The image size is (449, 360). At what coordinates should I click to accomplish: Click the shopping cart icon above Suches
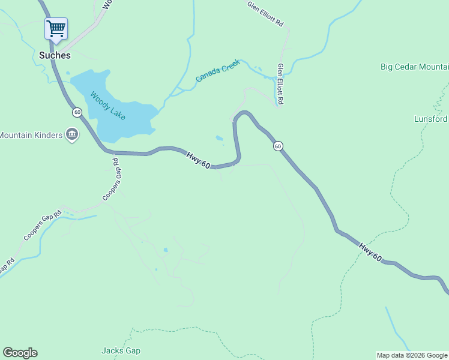click(x=56, y=28)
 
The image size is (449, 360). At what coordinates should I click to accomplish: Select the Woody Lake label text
click(x=108, y=106)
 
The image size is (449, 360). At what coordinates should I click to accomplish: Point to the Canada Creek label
click(x=217, y=70)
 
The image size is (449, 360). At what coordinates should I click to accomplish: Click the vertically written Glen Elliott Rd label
click(x=280, y=84)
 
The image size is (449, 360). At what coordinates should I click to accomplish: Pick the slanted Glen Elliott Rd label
click(x=265, y=13)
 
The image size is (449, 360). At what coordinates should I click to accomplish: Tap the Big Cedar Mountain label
click(x=414, y=67)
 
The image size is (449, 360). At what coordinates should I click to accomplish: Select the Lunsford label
click(x=431, y=119)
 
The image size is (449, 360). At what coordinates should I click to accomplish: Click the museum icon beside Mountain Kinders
click(x=72, y=134)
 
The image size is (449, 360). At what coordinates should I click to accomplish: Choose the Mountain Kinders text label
click(x=31, y=135)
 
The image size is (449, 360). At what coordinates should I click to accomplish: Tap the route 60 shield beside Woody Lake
click(x=77, y=112)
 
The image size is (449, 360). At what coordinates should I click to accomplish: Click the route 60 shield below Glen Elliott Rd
click(x=277, y=146)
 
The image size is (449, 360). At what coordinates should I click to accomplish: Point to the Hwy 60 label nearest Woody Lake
click(x=197, y=161)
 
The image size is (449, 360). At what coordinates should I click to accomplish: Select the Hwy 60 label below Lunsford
click(x=370, y=251)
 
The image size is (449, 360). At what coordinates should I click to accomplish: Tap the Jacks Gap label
click(x=121, y=350)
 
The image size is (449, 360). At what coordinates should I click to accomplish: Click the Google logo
click(x=20, y=353)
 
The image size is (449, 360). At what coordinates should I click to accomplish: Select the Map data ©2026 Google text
click(x=412, y=355)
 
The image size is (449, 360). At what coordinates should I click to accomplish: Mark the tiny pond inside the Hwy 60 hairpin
click(x=219, y=139)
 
